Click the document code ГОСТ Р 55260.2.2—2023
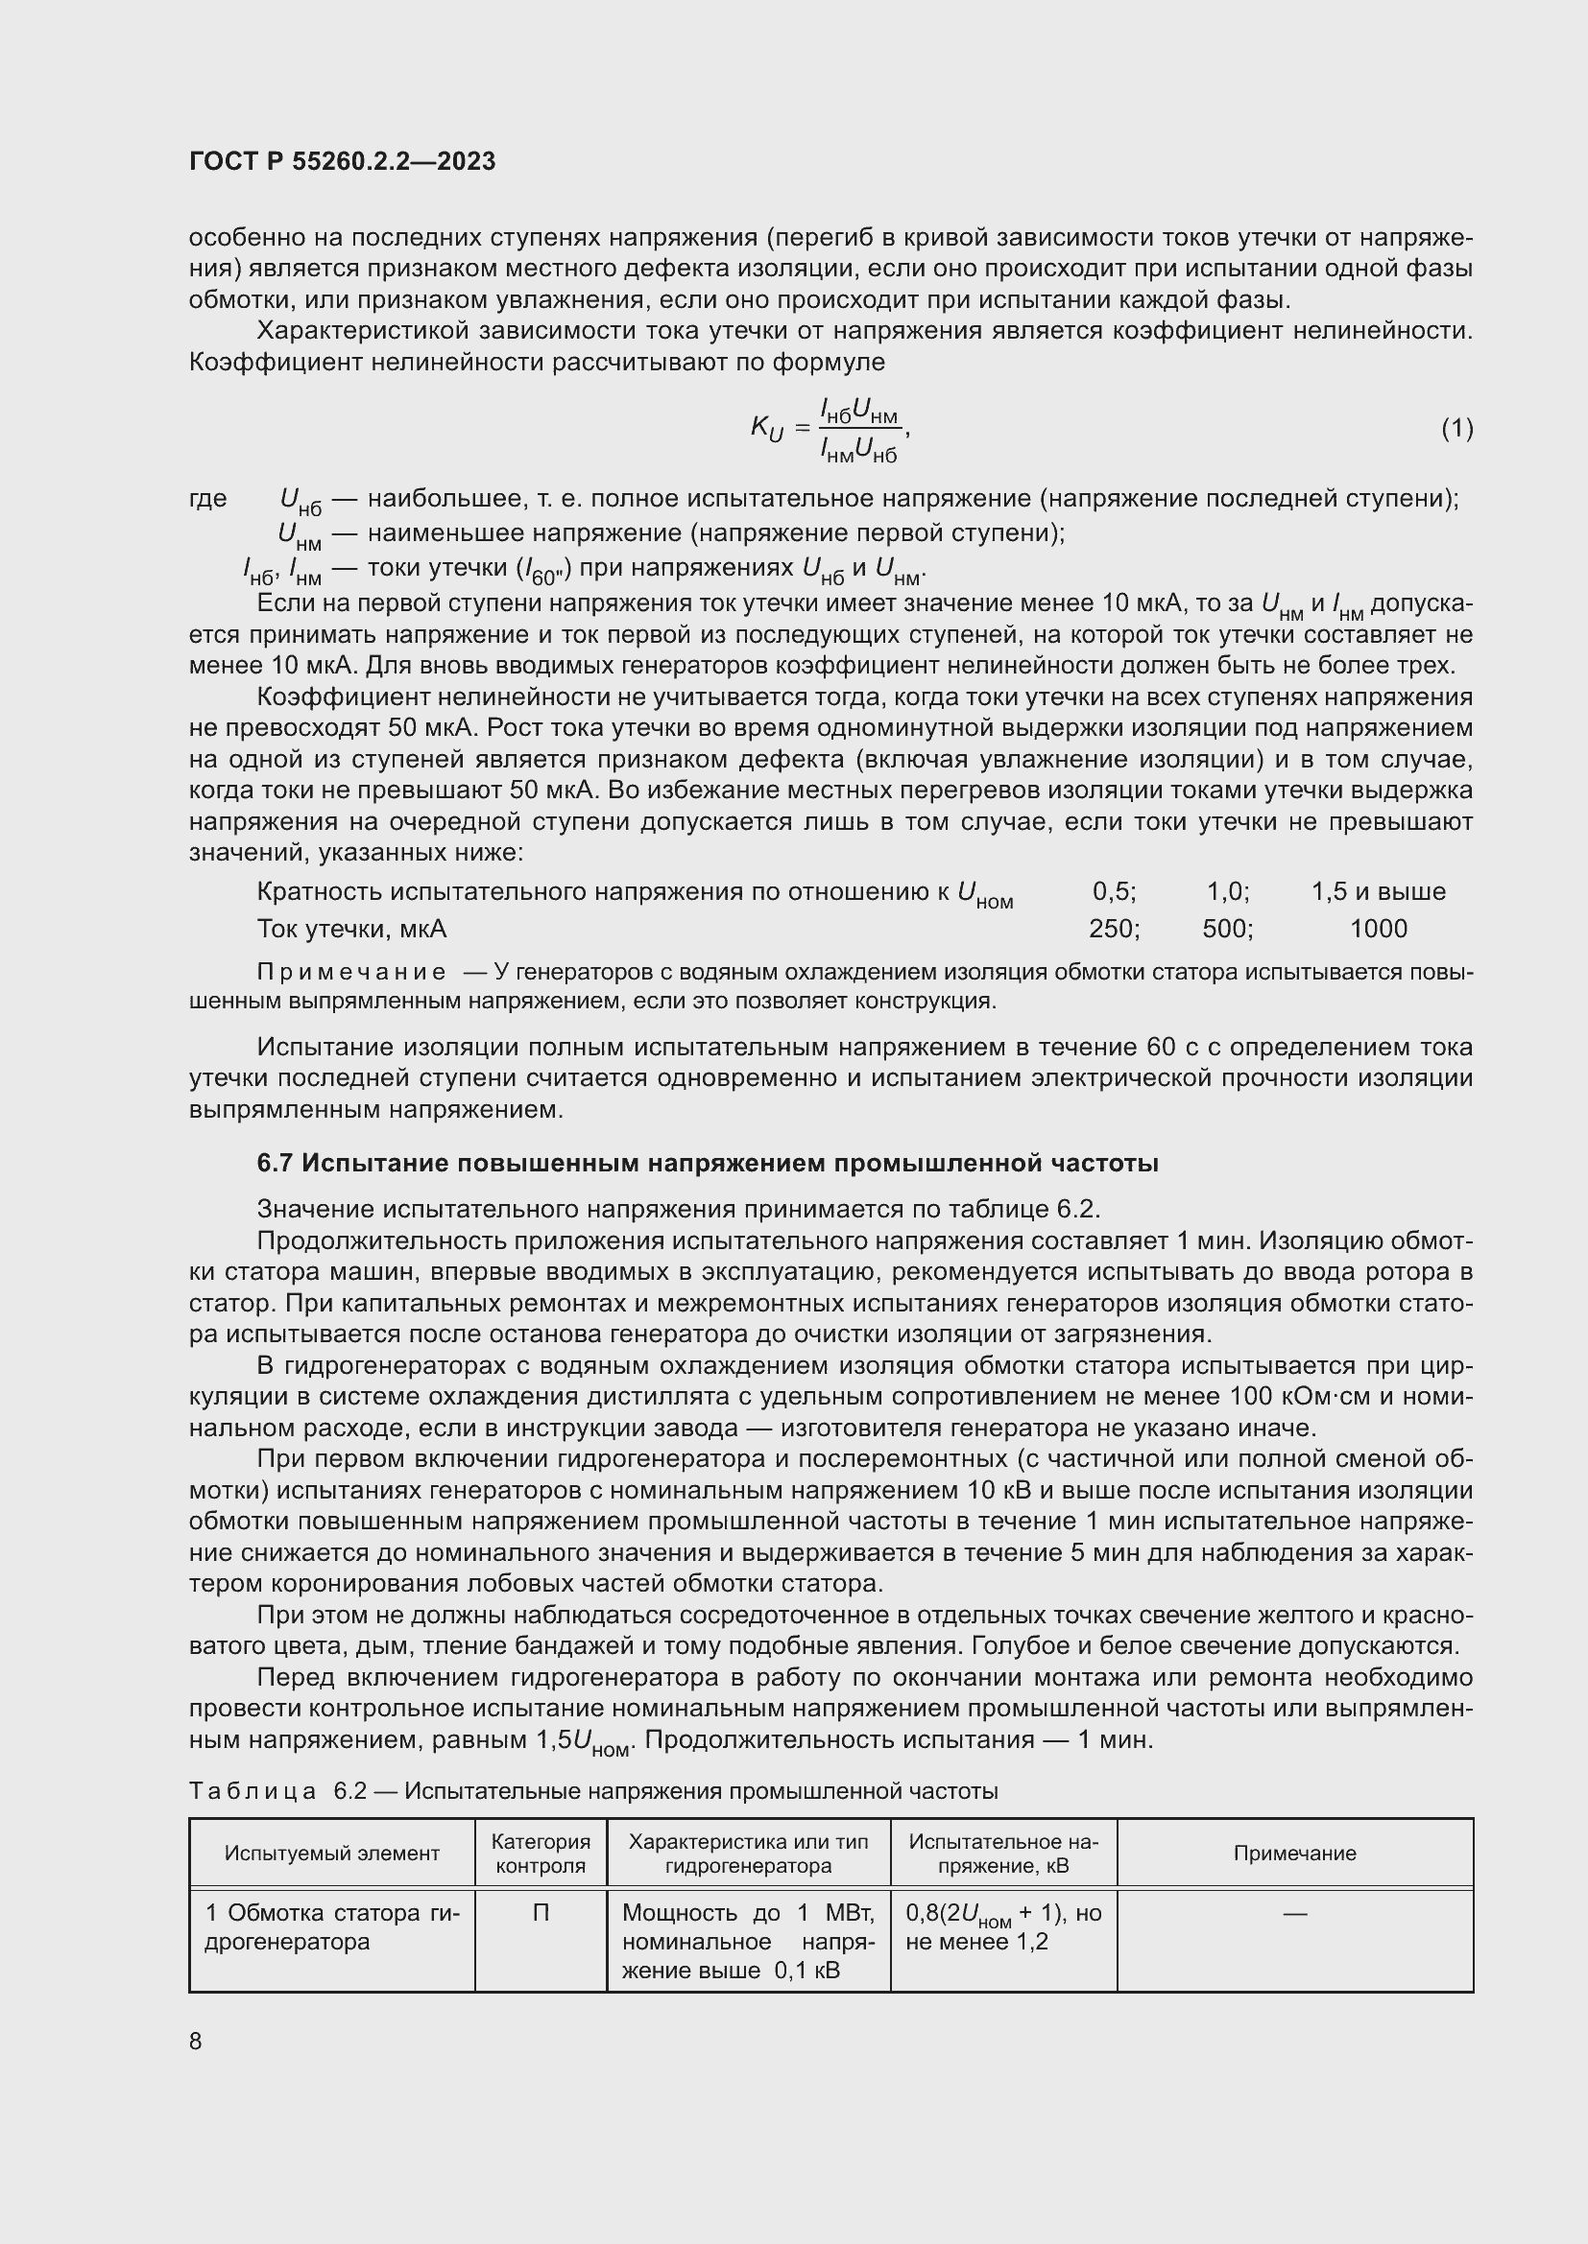342,161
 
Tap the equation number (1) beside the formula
1456,428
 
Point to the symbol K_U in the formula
766,427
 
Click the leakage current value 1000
1378,929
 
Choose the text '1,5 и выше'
1378,891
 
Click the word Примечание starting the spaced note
351,973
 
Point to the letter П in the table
541,1913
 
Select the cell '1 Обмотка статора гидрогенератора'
331,1926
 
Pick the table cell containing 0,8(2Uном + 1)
1003,1926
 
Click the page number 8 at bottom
196,2041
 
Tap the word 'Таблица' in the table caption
253,1790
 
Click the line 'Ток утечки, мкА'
351,929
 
